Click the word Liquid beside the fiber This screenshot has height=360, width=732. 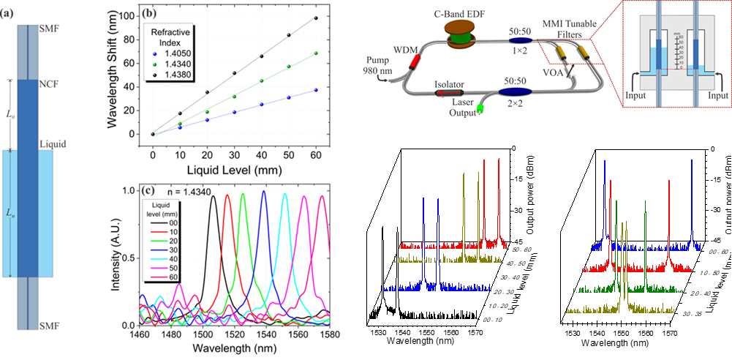53,145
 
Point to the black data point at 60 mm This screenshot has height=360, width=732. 316,18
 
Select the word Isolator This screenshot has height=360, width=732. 449,86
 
